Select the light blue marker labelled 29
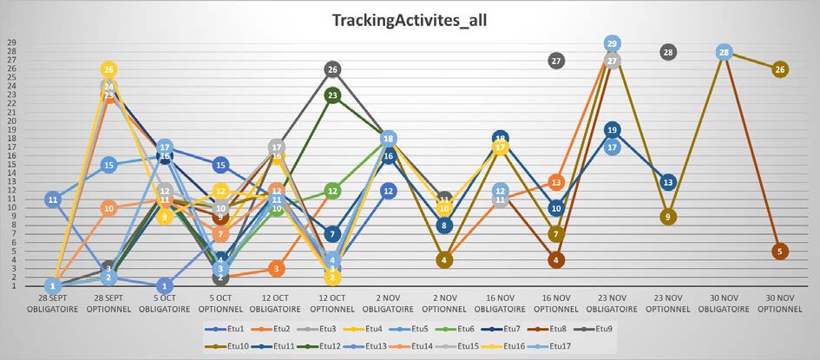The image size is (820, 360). (x=612, y=43)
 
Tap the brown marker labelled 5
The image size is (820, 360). (x=779, y=252)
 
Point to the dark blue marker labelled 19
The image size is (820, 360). (x=612, y=130)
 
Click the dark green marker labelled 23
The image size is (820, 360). (x=332, y=95)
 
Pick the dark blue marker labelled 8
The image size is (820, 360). (x=444, y=226)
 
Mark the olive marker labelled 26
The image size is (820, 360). (x=779, y=69)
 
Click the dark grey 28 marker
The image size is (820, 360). (x=668, y=52)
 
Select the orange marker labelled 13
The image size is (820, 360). (x=556, y=182)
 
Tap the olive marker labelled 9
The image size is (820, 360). (x=668, y=217)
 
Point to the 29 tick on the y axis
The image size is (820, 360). (x=12, y=43)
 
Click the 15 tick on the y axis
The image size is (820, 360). (x=12, y=164)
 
